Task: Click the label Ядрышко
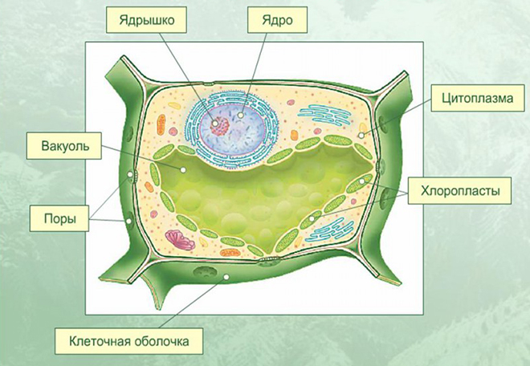pyautogui.click(x=146, y=20)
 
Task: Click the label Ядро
pyautogui.click(x=277, y=20)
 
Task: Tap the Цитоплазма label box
pyautogui.click(x=478, y=98)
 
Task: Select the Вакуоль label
pyautogui.click(x=64, y=146)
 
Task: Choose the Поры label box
pyautogui.click(x=59, y=218)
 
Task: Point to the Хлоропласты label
pyautogui.click(x=459, y=191)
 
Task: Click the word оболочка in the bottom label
pyautogui.click(x=161, y=341)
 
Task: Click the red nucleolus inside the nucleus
pyautogui.click(x=219, y=126)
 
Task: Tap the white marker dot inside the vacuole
pyautogui.click(x=183, y=169)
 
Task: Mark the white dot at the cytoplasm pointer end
pyautogui.click(x=361, y=136)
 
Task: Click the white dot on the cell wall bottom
pyautogui.click(x=226, y=277)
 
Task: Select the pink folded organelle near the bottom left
pyautogui.click(x=180, y=240)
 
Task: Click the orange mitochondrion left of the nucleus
pyautogui.click(x=161, y=125)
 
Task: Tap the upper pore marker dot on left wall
pyautogui.click(x=130, y=175)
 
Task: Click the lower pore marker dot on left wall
pyautogui.click(x=128, y=221)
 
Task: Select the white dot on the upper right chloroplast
pyautogui.click(x=361, y=181)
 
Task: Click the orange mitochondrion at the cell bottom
pyautogui.click(x=230, y=253)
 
